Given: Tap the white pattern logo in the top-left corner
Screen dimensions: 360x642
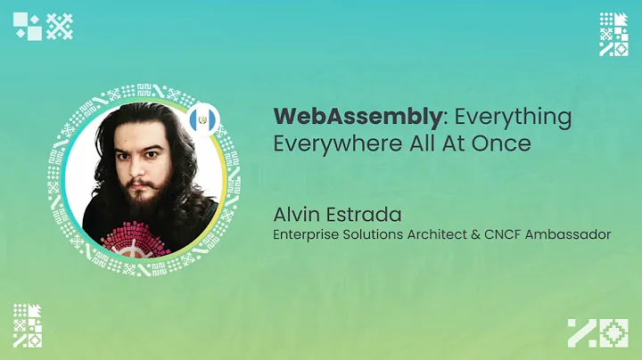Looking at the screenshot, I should click(x=43, y=27).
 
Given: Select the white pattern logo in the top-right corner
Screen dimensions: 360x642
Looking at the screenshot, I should click(x=613, y=34).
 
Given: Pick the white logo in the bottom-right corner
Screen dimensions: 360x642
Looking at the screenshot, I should click(x=598, y=332).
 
